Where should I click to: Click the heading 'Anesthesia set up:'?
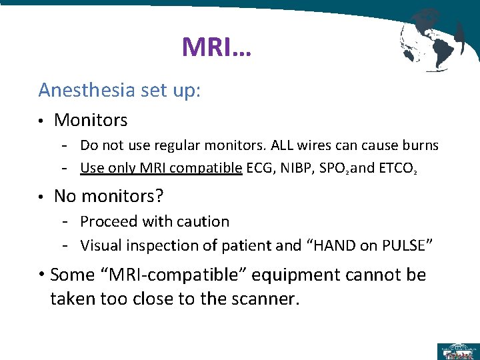pos(119,89)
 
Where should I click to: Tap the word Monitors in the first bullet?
pos(91,120)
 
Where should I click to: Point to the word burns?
pos(419,145)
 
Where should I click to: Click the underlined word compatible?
pos(205,168)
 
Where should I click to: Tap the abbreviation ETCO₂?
pos(399,168)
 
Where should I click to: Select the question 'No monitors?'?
pos(109,196)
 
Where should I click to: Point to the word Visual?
pos(101,245)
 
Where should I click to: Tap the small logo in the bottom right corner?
pos(458,350)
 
